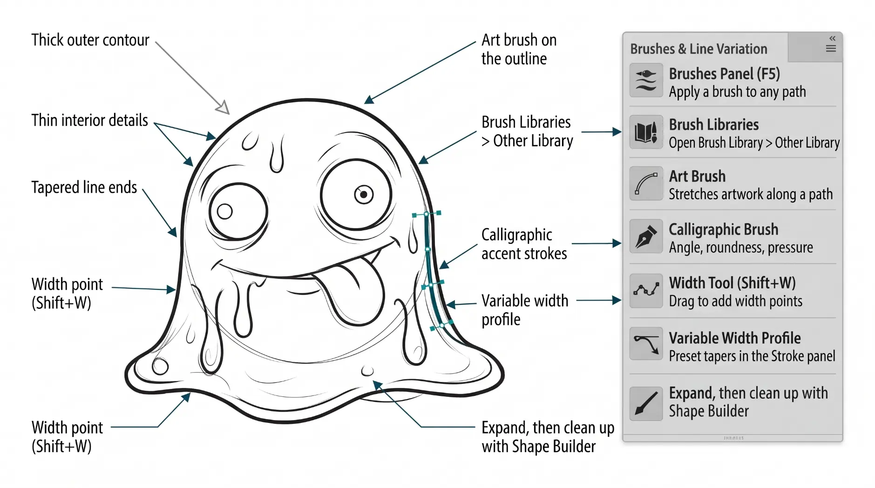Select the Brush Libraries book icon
(646, 132)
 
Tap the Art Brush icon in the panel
(646, 184)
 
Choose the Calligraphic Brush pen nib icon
(646, 236)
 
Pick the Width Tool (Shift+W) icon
(646, 291)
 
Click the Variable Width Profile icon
(646, 344)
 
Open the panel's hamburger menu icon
(831, 49)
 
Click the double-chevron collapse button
(832, 38)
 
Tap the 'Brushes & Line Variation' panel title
(699, 49)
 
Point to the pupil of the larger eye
(364, 194)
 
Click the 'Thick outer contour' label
(90, 40)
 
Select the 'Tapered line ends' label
(84, 187)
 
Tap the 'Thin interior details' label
(90, 120)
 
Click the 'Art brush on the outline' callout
(519, 49)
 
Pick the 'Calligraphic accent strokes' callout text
(524, 244)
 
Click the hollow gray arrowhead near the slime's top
(223, 108)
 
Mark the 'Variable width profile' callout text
(525, 310)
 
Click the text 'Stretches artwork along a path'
(751, 194)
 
